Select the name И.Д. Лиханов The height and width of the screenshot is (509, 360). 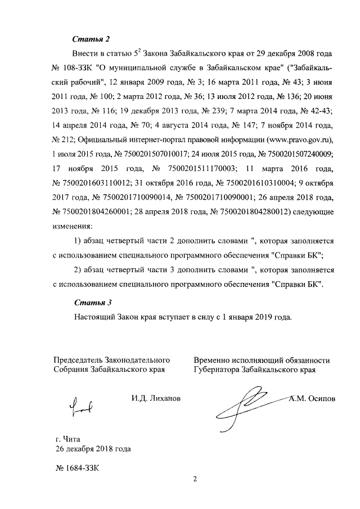tap(156, 399)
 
